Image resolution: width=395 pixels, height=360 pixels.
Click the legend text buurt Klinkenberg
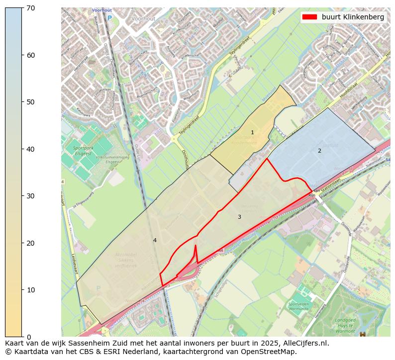click(x=353, y=17)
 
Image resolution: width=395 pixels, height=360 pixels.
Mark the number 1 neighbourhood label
click(x=252, y=132)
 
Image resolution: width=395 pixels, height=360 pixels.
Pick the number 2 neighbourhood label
click(x=319, y=151)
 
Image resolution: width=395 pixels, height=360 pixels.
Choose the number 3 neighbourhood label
click(x=239, y=217)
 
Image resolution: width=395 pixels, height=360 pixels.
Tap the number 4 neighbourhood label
click(x=155, y=240)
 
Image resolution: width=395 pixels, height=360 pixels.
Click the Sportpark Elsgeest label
click(x=83, y=151)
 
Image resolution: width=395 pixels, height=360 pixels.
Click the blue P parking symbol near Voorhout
click(x=110, y=18)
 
